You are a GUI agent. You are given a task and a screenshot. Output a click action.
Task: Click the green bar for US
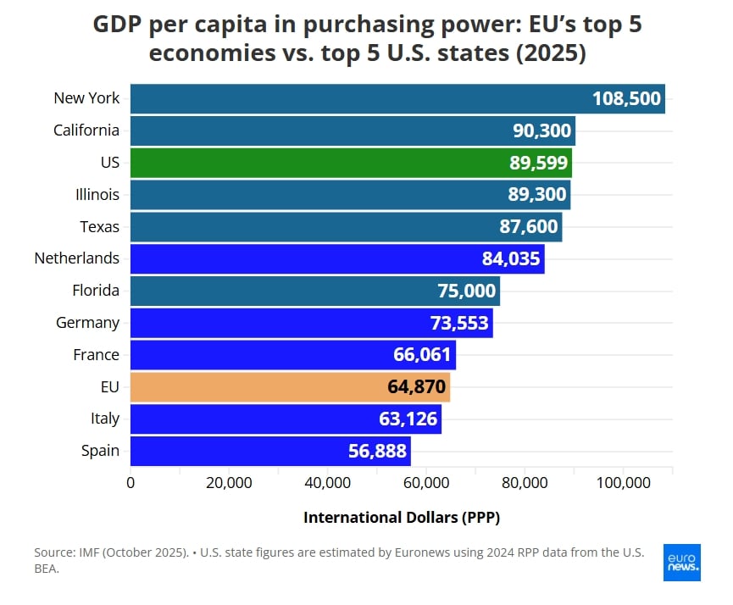(351, 163)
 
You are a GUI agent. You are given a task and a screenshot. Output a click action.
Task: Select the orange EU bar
(290, 387)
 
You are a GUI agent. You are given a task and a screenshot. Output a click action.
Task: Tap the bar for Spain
(270, 451)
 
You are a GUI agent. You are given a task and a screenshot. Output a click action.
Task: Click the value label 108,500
(626, 98)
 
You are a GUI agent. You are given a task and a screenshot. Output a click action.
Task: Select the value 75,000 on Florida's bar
(466, 291)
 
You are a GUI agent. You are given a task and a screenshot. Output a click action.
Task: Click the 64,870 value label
(416, 387)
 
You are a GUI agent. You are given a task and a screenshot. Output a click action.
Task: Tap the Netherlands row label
(77, 258)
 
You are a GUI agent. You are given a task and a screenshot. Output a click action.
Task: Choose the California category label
(86, 130)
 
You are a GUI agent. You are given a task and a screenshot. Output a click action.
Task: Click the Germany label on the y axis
(87, 323)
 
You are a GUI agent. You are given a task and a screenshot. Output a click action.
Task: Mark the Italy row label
(105, 419)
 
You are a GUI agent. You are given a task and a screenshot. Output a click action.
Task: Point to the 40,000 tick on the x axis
(327, 483)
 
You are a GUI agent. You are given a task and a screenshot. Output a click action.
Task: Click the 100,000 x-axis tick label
(623, 483)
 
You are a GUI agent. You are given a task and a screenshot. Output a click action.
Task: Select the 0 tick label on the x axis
(130, 483)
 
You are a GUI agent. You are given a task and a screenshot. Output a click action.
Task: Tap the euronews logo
(682, 562)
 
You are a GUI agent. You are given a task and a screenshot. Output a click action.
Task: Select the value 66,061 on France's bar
(422, 355)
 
